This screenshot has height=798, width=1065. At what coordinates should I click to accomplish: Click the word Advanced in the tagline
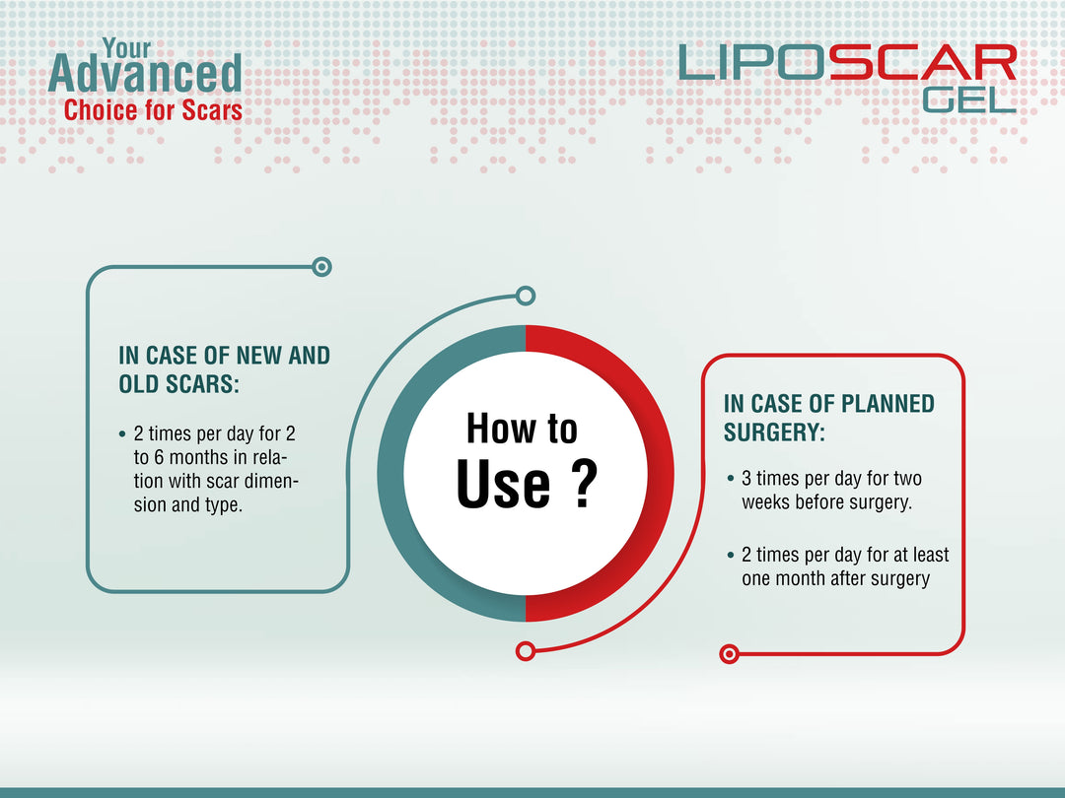click(x=144, y=75)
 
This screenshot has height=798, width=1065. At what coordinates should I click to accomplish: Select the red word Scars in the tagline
click(x=211, y=109)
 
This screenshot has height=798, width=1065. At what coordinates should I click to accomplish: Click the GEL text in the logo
click(x=968, y=99)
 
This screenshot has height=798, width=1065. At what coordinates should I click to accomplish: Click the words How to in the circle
click(x=522, y=429)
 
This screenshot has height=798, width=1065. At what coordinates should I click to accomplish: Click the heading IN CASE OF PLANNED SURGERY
click(x=829, y=418)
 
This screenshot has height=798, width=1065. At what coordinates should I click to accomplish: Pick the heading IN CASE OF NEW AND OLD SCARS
click(x=224, y=369)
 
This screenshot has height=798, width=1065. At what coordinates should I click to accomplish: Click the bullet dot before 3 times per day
click(x=730, y=480)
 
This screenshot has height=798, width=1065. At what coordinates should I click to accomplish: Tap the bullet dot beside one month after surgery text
click(x=730, y=556)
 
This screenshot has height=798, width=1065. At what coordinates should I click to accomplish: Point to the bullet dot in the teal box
click(x=121, y=434)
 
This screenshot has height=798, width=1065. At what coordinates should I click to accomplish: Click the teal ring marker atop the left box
click(x=321, y=266)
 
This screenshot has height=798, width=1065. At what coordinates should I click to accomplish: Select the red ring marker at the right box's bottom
click(x=729, y=653)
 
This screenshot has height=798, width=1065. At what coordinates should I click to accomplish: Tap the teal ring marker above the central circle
click(x=526, y=295)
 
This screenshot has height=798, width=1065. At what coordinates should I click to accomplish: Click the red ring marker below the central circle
click(x=526, y=650)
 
